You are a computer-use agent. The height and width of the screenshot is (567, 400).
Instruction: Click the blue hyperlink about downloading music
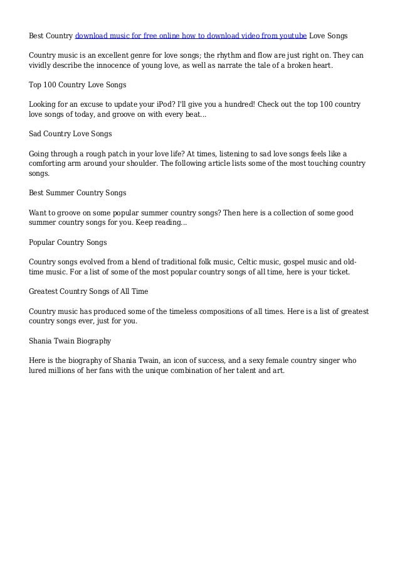click(191, 35)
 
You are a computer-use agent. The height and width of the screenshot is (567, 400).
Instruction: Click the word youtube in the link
click(292, 35)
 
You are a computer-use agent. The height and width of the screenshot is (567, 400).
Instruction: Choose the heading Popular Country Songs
click(68, 242)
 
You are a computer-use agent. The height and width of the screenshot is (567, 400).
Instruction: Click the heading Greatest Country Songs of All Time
click(88, 291)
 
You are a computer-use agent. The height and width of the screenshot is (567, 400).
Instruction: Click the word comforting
click(51, 163)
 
